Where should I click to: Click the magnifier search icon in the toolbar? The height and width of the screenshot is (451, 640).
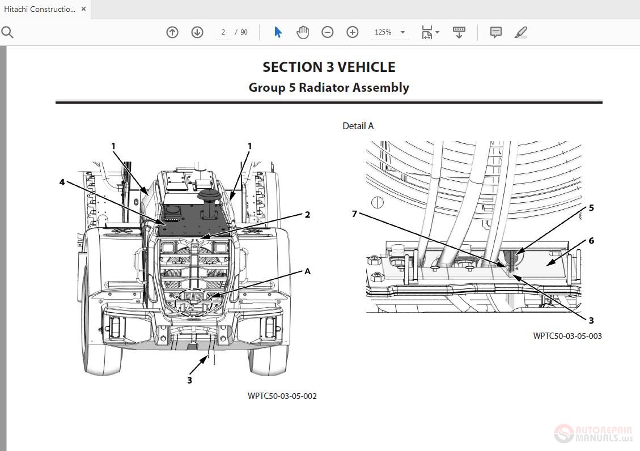pos(7,32)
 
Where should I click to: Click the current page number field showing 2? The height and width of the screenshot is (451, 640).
pos(223,32)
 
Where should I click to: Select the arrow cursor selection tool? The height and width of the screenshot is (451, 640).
pos(278,32)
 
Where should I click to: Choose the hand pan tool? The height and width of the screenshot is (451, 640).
pos(303,32)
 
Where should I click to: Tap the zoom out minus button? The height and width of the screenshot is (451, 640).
pos(328,32)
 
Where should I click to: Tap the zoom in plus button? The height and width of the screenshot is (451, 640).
pos(353,32)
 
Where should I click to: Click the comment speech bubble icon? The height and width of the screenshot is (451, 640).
pos(495,32)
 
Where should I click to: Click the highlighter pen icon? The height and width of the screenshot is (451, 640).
pos(520,32)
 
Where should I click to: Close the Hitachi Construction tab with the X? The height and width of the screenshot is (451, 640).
pos(84,9)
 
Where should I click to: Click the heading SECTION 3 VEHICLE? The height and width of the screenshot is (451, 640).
pos(329,67)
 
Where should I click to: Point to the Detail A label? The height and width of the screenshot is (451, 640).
pos(358,126)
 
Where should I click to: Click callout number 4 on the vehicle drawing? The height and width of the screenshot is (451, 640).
pos(62,182)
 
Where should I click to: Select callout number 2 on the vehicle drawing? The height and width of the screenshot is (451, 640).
pos(307,215)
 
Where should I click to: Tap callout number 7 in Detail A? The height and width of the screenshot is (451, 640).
pos(355,214)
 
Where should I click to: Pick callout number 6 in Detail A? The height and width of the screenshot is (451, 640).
pos(591,241)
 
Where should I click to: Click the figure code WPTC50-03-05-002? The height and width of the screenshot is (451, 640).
pos(282,396)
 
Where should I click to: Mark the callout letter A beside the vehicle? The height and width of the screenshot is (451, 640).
pos(308,271)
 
